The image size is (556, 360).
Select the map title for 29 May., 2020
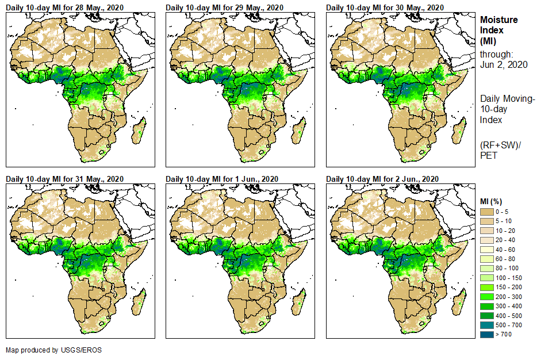[x=224, y=7]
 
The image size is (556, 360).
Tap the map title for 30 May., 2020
[x=385, y=7]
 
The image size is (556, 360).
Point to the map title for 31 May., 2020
[x=64, y=179]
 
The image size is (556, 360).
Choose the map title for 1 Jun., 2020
[x=222, y=179]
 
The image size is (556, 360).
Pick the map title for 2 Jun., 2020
[x=382, y=179]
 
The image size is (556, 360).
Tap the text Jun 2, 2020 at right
[x=504, y=64]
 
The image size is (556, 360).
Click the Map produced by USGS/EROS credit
[x=40, y=350]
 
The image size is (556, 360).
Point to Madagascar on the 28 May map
[x=138, y=130]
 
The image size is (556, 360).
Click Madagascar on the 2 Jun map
[x=458, y=302]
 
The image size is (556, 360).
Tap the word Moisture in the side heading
[x=499, y=20]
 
